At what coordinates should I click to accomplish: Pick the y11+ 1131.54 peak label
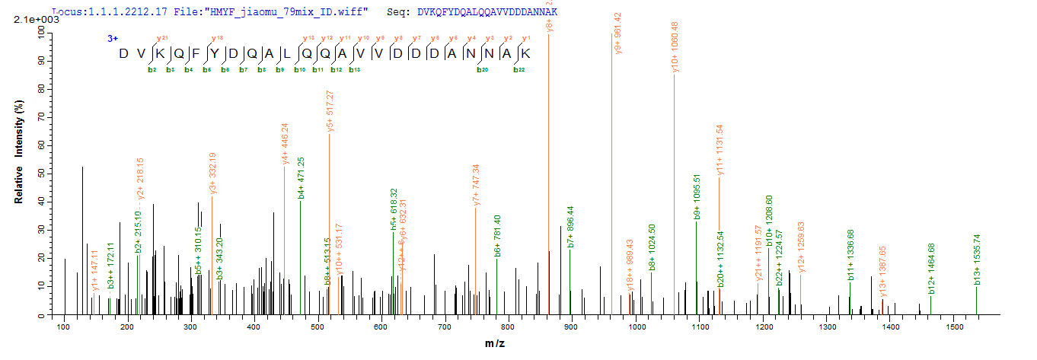coord(720,151)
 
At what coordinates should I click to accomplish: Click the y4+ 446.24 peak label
coord(285,143)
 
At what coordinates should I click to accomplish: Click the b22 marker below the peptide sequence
coord(518,69)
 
